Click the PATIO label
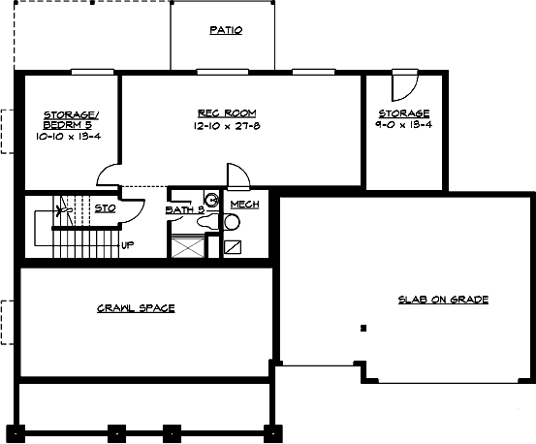coord(226,30)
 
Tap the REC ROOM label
coord(227,113)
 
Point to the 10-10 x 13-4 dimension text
coord(69,137)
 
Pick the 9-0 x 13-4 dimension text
coord(404,125)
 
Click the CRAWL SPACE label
coord(136,308)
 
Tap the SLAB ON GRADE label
coord(443,300)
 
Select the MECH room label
coord(244,205)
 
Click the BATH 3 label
coord(183,208)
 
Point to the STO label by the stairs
coord(106,206)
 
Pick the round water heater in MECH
coord(232,222)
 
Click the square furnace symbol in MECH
coord(232,245)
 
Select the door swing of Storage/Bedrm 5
coord(109,174)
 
